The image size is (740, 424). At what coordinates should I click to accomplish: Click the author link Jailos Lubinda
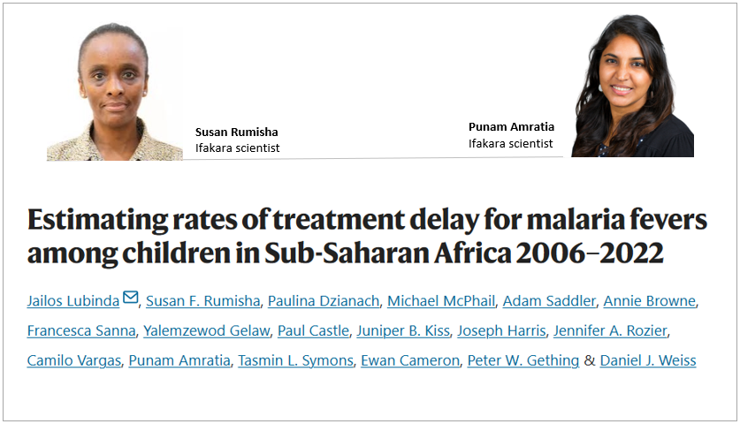coord(72,301)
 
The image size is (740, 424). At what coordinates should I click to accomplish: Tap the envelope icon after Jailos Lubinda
coord(131,299)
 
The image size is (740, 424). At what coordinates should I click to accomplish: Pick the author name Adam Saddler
coord(548,301)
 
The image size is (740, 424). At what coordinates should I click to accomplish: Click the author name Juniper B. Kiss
coord(403,331)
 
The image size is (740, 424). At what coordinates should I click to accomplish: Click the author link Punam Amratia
coord(181,360)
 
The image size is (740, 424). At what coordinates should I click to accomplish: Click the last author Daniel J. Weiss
coord(648,360)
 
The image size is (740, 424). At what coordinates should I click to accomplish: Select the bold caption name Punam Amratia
coord(511,126)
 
